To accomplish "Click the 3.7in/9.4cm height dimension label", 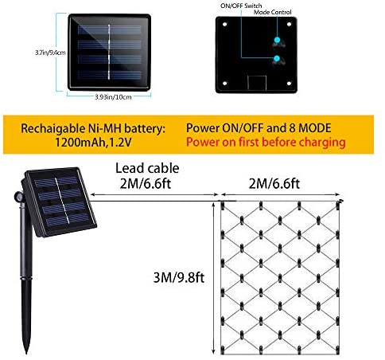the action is tap(50, 53).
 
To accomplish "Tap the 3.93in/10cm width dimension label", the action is tap(113, 97).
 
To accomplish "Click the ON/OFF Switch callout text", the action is tap(241, 6).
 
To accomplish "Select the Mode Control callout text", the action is tap(273, 12).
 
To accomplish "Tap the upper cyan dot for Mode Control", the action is tap(277, 40).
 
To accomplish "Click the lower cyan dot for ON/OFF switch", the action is tap(277, 58).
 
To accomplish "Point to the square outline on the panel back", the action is tap(257, 83).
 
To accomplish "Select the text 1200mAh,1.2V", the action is tap(93, 143).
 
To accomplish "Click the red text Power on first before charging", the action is tap(266, 142).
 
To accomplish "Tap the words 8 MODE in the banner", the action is tap(310, 128).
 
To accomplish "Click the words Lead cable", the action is tap(147, 168).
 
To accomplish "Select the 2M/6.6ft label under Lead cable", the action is tap(146, 183).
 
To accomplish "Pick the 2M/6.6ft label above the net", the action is tap(274, 184).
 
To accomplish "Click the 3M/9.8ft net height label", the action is tap(179, 278).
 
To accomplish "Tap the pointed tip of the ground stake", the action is tap(26, 353).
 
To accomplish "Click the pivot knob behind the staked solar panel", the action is tap(18, 197).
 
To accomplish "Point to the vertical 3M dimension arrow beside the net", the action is tap(214, 278).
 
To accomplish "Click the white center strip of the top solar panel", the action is tap(109, 52).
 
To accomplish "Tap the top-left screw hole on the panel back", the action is tap(225, 25).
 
